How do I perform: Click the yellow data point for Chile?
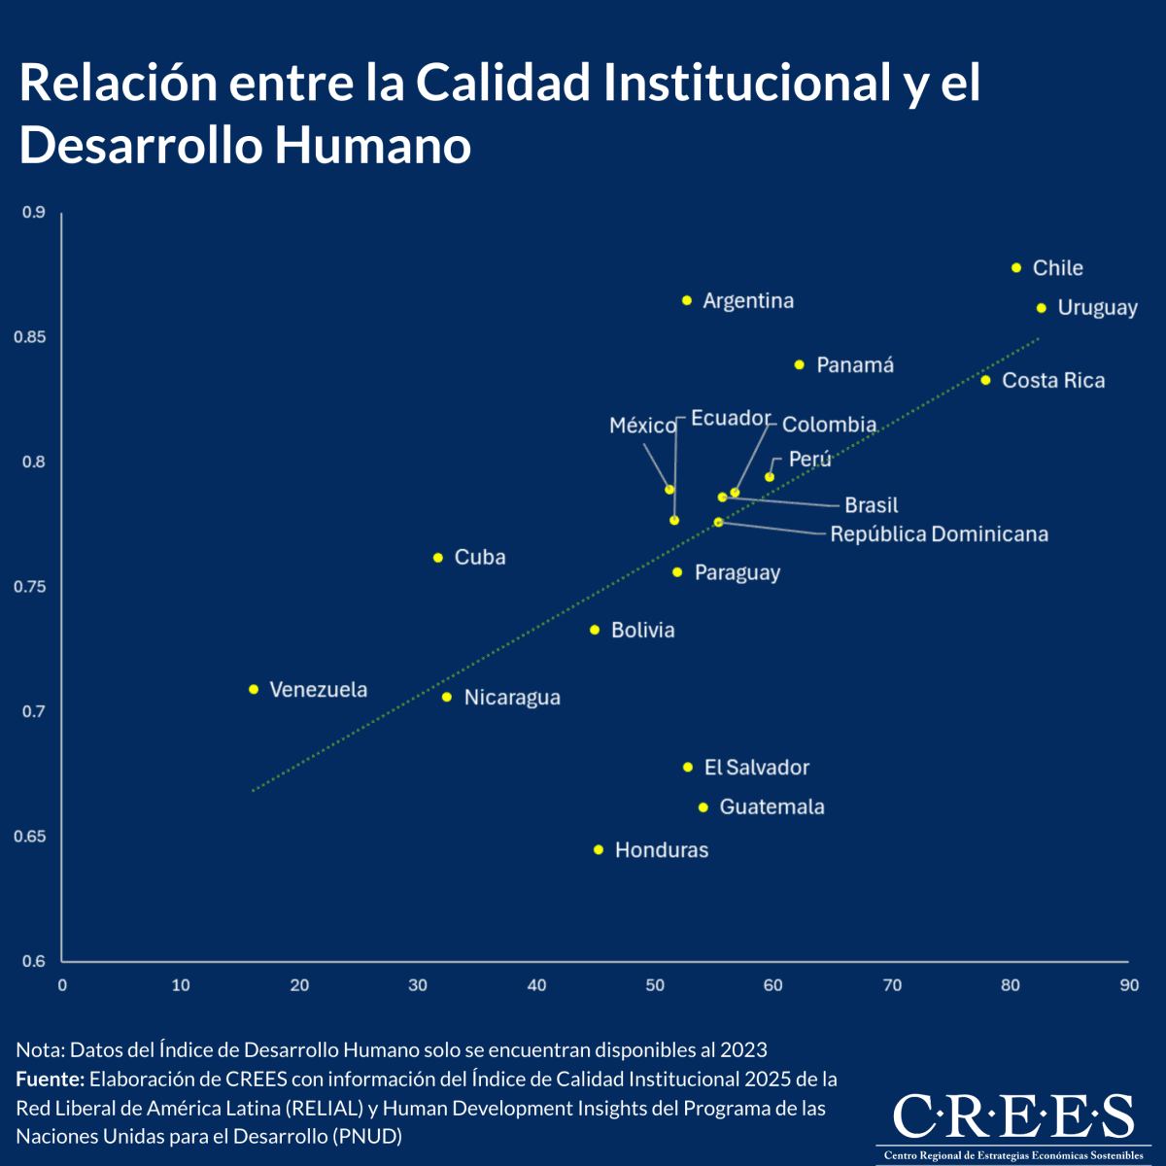tap(1016, 267)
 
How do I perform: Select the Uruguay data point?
tap(1041, 308)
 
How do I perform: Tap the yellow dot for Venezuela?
tap(254, 689)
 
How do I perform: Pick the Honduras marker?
tap(599, 850)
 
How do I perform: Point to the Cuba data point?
tap(438, 558)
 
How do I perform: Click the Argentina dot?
tap(687, 301)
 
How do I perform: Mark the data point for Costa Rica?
tap(985, 380)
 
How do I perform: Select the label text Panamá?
tap(855, 365)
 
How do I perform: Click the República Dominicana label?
tap(939, 534)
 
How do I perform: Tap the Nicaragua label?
tap(512, 698)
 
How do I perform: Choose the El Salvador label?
tap(757, 768)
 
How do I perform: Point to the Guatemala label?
tap(772, 807)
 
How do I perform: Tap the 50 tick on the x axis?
tap(655, 985)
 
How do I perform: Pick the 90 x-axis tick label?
tap(1128, 985)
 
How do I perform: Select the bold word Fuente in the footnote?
tap(51, 1080)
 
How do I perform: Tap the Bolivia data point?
tap(595, 631)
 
